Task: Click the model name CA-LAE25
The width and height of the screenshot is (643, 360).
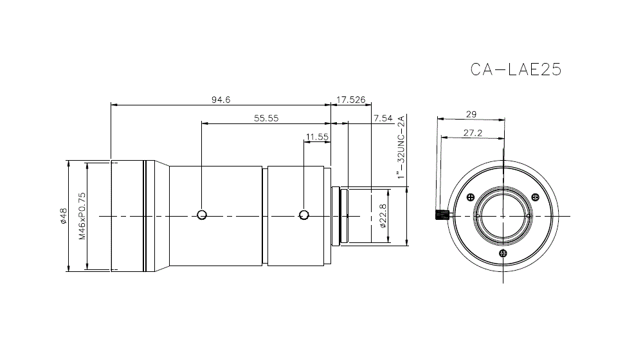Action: pyautogui.click(x=516, y=69)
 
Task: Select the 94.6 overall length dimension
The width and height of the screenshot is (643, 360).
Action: pyautogui.click(x=221, y=99)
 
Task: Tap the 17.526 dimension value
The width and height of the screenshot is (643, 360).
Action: pyautogui.click(x=351, y=99)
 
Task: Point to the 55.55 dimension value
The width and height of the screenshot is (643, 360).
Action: pyautogui.click(x=266, y=118)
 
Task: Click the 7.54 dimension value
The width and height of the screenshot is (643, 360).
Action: pyautogui.click(x=383, y=118)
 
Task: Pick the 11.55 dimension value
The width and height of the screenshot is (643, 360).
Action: pyautogui.click(x=318, y=136)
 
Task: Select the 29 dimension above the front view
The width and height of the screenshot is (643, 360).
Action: pyautogui.click(x=471, y=114)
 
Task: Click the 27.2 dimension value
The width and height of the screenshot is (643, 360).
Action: pyautogui.click(x=473, y=133)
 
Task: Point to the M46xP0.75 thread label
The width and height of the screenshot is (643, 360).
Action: pyautogui.click(x=82, y=215)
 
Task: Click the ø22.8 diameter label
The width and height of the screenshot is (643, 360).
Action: pyautogui.click(x=382, y=216)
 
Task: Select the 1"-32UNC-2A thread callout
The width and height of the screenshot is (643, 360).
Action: pyautogui.click(x=401, y=148)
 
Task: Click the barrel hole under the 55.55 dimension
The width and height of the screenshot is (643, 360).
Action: pyautogui.click(x=202, y=215)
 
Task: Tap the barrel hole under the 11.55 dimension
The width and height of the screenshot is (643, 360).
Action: pyautogui.click(x=304, y=215)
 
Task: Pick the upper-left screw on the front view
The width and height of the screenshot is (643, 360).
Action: pyautogui.click(x=471, y=197)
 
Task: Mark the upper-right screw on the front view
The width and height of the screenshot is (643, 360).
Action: pyautogui.click(x=532, y=197)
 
